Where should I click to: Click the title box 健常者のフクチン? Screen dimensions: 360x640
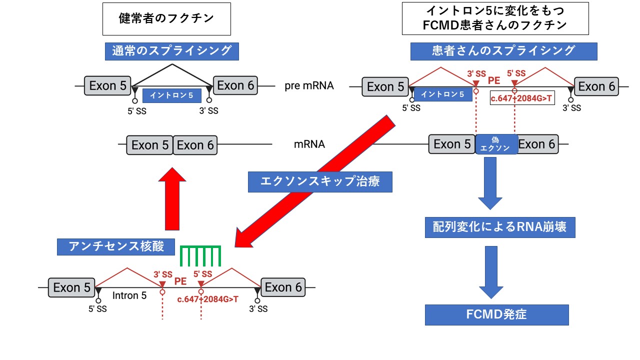point(166,18)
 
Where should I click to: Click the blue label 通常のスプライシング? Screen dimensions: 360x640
point(171,50)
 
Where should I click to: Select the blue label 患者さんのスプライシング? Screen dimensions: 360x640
point(504,50)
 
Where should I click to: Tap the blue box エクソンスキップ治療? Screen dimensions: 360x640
point(320,181)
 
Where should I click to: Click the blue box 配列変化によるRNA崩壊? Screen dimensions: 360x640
point(499,227)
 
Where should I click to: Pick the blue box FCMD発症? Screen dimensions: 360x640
point(497,315)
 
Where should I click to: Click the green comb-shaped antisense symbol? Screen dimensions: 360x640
point(200,255)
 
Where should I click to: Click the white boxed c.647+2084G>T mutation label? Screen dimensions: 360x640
point(521,98)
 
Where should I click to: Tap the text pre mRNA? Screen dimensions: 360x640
point(309,86)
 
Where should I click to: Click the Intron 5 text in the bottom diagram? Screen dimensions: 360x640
point(129,296)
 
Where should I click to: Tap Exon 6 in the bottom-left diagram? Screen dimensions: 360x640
point(283,287)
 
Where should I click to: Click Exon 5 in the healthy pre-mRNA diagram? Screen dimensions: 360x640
point(107,85)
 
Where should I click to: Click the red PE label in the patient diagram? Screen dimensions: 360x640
point(494,80)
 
